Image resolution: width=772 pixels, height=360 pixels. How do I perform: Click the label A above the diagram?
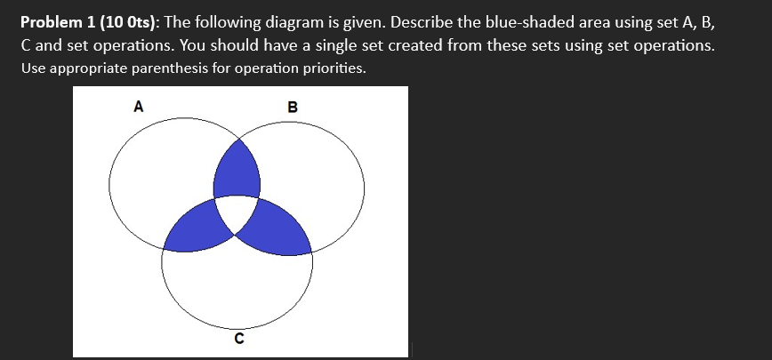click(137, 108)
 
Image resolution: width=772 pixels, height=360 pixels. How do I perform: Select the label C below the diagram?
click(238, 338)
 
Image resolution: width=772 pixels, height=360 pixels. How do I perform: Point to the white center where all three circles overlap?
click(237, 213)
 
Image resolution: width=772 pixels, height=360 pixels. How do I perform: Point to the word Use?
click(30, 68)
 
